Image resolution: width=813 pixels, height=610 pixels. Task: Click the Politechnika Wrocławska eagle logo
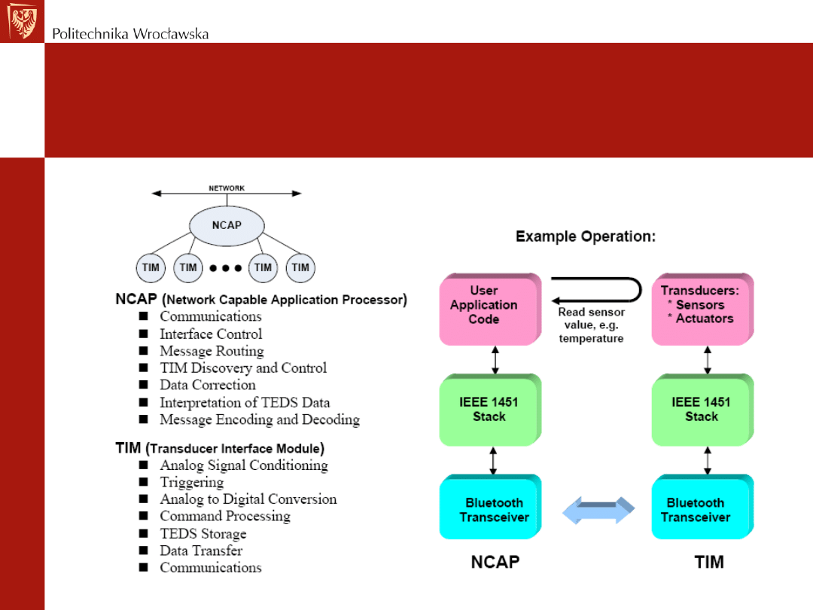point(21,21)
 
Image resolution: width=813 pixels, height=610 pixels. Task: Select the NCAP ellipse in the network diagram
point(227,224)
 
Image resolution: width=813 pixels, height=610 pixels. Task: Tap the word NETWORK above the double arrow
point(227,188)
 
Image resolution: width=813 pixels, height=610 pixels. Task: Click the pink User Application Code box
point(489,309)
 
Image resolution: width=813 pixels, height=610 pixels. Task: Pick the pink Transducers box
point(702,309)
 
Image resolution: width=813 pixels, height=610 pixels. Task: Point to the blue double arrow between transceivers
point(599,510)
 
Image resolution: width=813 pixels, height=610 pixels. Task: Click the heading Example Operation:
point(586,236)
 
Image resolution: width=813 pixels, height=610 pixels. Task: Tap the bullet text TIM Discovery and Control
point(243,368)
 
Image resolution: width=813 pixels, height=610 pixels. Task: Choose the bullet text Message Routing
point(212,351)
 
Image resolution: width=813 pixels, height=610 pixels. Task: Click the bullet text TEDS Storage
point(202,533)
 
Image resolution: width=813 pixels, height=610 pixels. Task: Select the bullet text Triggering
point(192,482)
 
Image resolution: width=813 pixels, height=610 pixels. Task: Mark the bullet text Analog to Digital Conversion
point(248,499)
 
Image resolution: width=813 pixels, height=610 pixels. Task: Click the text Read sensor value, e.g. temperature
point(591,325)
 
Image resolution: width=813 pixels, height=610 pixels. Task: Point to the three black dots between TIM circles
point(226,267)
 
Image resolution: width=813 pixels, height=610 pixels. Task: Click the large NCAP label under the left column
point(495,562)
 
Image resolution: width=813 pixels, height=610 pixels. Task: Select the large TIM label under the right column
point(708,562)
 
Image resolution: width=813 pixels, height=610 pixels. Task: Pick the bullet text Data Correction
point(208,385)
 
